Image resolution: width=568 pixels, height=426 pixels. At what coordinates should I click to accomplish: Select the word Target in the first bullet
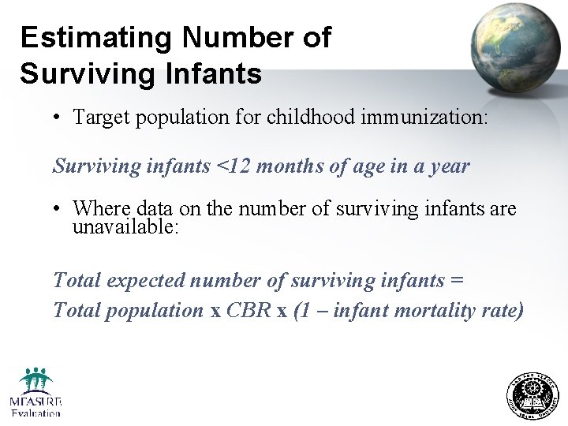[101, 118]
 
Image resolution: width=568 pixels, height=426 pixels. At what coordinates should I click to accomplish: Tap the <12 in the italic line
[230, 166]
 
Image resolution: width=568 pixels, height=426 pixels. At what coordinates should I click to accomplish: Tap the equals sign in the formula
[458, 280]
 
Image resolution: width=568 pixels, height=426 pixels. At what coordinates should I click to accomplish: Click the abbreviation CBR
[249, 310]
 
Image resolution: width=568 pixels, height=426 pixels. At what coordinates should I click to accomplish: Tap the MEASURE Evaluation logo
[35, 392]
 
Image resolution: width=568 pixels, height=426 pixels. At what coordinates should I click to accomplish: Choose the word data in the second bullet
[155, 209]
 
